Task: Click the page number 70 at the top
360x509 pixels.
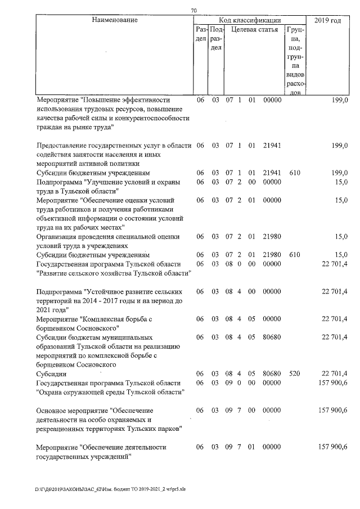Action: coord(194,10)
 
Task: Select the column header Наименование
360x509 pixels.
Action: coord(115,20)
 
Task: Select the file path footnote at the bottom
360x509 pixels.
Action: coord(110,489)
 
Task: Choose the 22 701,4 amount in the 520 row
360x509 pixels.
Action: coord(334,373)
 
